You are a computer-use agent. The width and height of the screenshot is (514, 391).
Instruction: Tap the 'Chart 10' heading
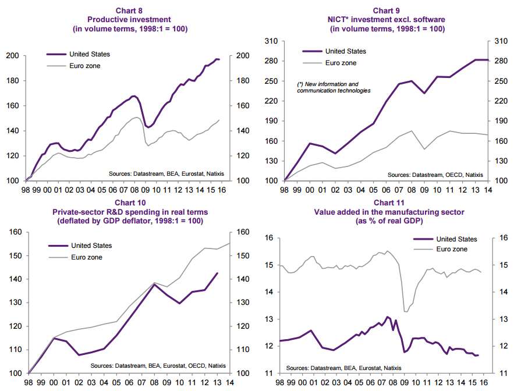(x=130, y=202)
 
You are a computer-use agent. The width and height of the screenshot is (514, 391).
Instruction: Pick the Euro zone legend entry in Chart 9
(x=341, y=63)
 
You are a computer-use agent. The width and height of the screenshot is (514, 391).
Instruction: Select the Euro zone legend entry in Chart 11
(x=452, y=249)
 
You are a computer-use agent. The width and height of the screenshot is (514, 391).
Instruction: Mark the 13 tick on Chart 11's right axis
(x=498, y=319)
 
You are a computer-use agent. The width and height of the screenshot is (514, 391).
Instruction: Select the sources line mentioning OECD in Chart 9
(x=435, y=174)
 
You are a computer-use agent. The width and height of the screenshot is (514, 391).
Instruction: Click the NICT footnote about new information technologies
(x=334, y=87)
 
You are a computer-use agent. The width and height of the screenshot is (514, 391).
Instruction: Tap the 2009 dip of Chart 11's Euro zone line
(x=406, y=311)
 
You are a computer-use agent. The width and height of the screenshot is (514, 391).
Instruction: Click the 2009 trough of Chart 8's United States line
(x=148, y=127)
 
